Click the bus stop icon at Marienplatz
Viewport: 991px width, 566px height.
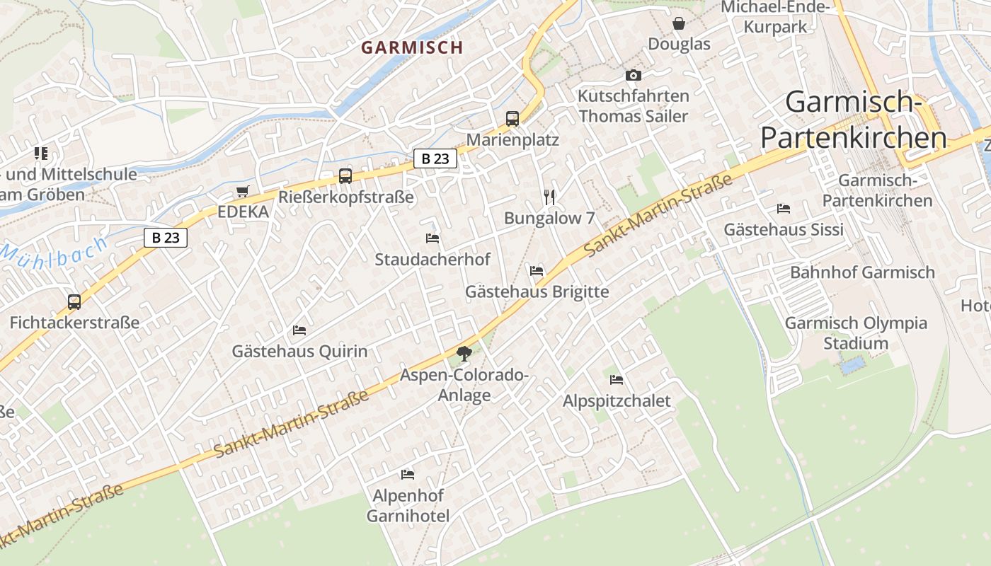(x=512, y=119)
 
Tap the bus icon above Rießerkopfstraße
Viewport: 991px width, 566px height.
(x=345, y=176)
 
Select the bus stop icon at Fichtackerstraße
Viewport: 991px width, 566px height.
(x=74, y=302)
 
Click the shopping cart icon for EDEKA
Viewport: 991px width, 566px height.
(x=243, y=191)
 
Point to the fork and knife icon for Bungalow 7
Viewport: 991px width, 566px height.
(x=549, y=197)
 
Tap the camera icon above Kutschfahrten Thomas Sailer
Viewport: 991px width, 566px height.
(x=633, y=75)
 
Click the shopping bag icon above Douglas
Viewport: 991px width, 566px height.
(x=679, y=23)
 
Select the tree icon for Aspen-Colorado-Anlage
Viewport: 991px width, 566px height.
(x=464, y=353)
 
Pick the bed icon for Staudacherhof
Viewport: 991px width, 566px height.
(x=433, y=238)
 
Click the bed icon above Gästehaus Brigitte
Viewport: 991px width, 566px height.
(x=537, y=270)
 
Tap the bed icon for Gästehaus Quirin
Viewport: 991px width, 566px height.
(x=299, y=330)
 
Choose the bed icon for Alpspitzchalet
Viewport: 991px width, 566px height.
(x=617, y=379)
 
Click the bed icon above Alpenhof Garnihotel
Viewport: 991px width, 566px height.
(x=408, y=474)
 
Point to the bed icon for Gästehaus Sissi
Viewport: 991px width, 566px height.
(x=784, y=208)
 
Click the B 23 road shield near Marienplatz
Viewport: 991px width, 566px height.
(x=435, y=159)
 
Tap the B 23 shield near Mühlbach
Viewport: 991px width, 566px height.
(x=166, y=238)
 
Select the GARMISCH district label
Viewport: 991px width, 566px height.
(x=412, y=47)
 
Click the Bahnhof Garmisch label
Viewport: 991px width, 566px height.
(x=862, y=272)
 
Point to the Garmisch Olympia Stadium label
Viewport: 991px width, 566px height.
(x=856, y=333)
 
